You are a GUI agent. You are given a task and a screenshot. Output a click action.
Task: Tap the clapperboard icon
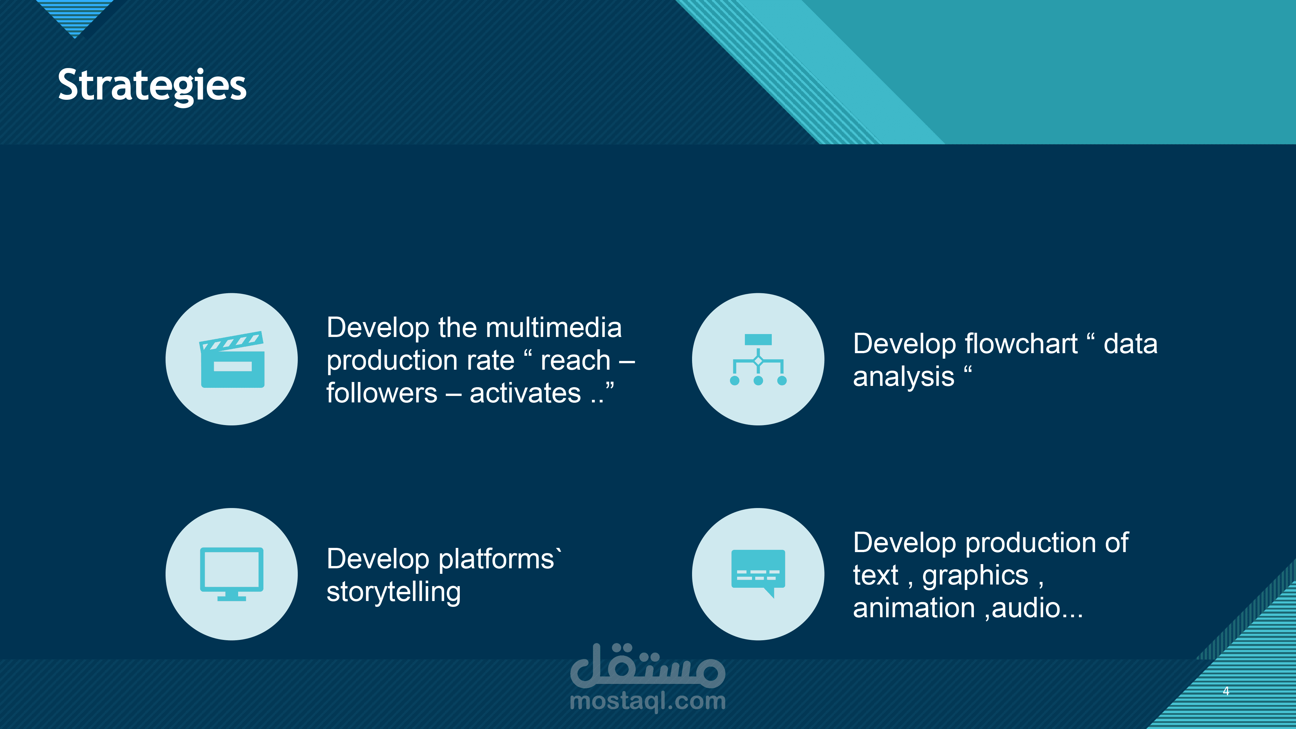coord(232,359)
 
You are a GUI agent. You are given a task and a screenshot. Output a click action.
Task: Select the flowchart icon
coord(758,359)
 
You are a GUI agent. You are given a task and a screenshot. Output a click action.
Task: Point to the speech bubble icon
coord(758,573)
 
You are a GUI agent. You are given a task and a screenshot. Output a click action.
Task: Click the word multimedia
coord(554,328)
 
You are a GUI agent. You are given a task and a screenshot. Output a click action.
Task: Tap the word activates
coord(525,393)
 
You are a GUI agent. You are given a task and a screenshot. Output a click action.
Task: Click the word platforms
coord(497,560)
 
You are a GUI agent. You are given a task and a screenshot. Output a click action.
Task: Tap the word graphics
coord(975,575)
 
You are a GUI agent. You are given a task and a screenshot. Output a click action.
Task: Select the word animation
coord(914,608)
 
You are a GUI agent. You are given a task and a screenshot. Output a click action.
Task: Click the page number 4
coord(1226,691)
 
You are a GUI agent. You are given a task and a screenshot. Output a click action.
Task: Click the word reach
coord(575,361)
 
